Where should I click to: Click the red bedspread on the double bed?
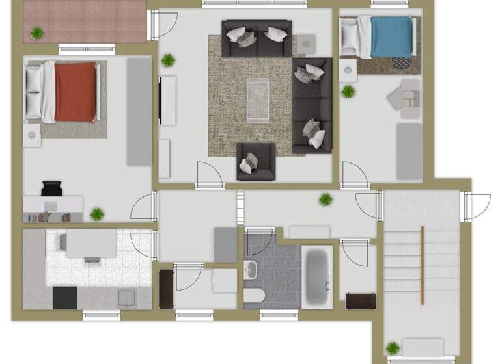click(76, 92)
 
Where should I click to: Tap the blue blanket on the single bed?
click(392, 37)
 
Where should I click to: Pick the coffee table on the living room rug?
click(258, 99)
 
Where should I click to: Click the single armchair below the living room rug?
click(255, 160)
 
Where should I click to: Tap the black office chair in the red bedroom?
click(51, 188)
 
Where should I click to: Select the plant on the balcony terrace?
click(37, 31)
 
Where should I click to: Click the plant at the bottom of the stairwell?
click(393, 348)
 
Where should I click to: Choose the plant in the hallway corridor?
click(325, 199)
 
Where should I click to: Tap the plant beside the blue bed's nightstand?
click(349, 90)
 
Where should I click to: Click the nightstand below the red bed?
click(32, 135)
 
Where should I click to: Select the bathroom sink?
click(251, 269)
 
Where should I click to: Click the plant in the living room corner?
click(169, 60)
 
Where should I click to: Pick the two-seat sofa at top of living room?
click(256, 38)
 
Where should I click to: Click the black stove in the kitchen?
click(64, 298)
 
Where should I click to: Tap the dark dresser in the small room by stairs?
click(360, 301)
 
